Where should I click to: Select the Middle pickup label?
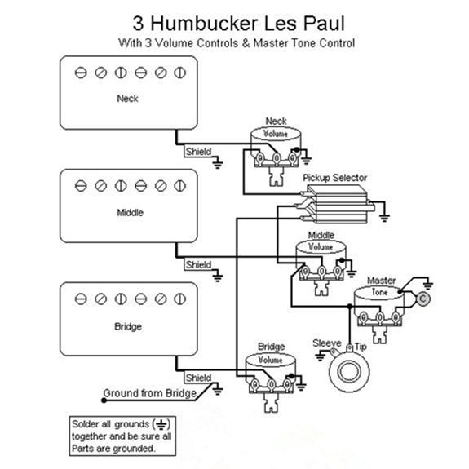click(x=128, y=213)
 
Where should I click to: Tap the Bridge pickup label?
click(x=128, y=326)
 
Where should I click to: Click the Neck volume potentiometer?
click(x=276, y=146)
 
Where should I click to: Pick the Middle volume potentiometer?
click(x=321, y=259)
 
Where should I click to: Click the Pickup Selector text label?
click(x=334, y=178)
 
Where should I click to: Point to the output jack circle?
click(x=345, y=372)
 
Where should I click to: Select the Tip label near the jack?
click(x=360, y=346)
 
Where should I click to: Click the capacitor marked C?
click(x=423, y=299)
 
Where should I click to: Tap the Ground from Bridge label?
click(x=148, y=394)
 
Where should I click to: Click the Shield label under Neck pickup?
click(x=197, y=152)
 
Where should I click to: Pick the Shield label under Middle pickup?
click(x=197, y=265)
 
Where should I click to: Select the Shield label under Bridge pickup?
click(x=197, y=378)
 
